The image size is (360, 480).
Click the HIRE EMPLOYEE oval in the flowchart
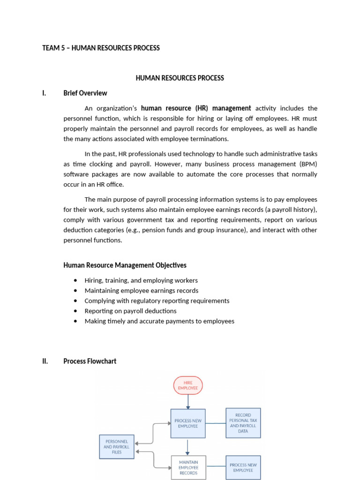click(x=188, y=385)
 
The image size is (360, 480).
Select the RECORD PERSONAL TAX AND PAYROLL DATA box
click(x=243, y=423)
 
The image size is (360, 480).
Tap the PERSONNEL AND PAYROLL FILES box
click(x=117, y=447)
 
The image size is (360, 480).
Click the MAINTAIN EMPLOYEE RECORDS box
click(x=188, y=467)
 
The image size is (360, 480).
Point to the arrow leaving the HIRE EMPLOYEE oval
click(x=188, y=401)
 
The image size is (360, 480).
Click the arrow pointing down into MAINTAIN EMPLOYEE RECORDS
click(x=188, y=447)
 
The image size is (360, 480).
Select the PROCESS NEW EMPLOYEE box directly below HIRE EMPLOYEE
click(x=188, y=423)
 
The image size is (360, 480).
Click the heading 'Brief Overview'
click(x=85, y=93)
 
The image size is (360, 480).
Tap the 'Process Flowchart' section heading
click(x=90, y=361)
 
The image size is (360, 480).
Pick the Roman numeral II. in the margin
click(x=45, y=361)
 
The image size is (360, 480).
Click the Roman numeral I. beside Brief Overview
click(x=44, y=93)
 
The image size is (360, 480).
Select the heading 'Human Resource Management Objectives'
click(x=125, y=265)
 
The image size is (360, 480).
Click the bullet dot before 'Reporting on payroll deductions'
click(x=75, y=311)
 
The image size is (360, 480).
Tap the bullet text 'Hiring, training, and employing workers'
click(x=141, y=280)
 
